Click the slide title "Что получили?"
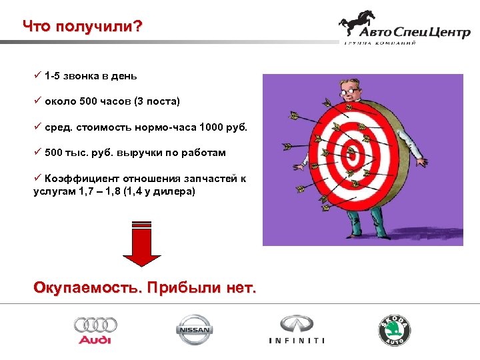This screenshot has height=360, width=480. point(82,26)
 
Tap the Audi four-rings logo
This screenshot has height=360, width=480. point(95,329)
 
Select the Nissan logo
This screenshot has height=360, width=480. point(194,329)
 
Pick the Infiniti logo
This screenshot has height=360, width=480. point(297,329)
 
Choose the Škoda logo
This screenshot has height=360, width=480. point(395,330)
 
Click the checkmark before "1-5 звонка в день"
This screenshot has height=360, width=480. point(37,76)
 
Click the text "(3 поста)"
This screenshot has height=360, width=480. point(157,102)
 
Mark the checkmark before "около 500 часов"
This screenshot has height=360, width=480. point(37,102)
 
